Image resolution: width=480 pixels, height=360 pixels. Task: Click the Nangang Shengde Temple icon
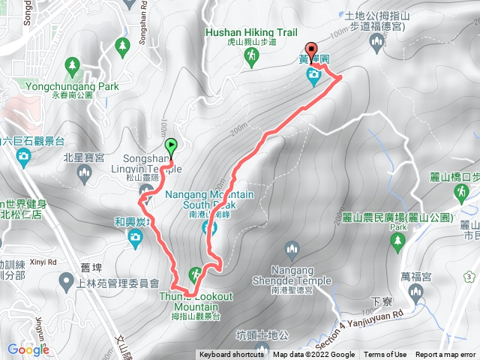click(x=292, y=250)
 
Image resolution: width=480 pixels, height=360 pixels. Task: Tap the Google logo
click(x=28, y=349)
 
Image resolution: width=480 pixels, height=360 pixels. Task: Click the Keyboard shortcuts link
click(x=232, y=355)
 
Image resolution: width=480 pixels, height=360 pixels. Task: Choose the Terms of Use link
click(x=385, y=355)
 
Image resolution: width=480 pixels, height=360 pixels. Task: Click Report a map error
click(x=446, y=355)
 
